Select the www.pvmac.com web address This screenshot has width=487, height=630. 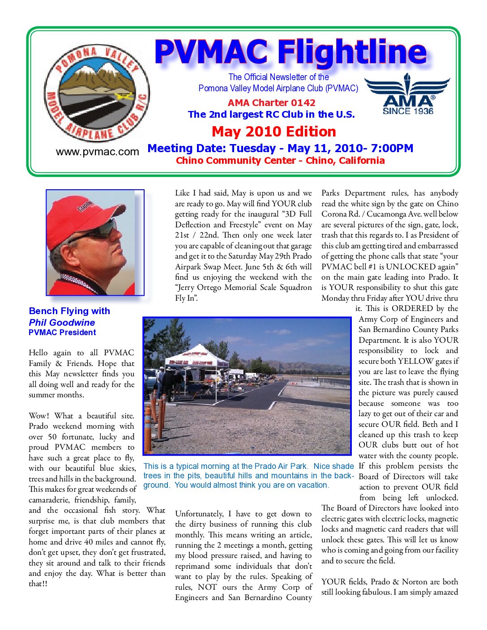pos(98,152)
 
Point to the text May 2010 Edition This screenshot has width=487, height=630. pos(273,132)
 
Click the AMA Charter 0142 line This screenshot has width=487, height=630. pos(271,102)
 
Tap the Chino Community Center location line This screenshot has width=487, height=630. pos(280,161)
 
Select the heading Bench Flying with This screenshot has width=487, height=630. pos(69,311)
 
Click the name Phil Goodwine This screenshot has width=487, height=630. pos(62,322)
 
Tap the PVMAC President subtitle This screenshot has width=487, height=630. pos(62,332)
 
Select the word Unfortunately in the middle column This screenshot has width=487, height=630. pos(199,514)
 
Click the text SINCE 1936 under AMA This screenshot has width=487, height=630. pos(408,111)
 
